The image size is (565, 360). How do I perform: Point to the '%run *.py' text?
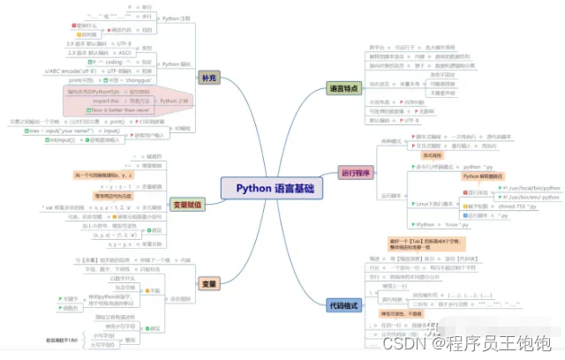point(464,225)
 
